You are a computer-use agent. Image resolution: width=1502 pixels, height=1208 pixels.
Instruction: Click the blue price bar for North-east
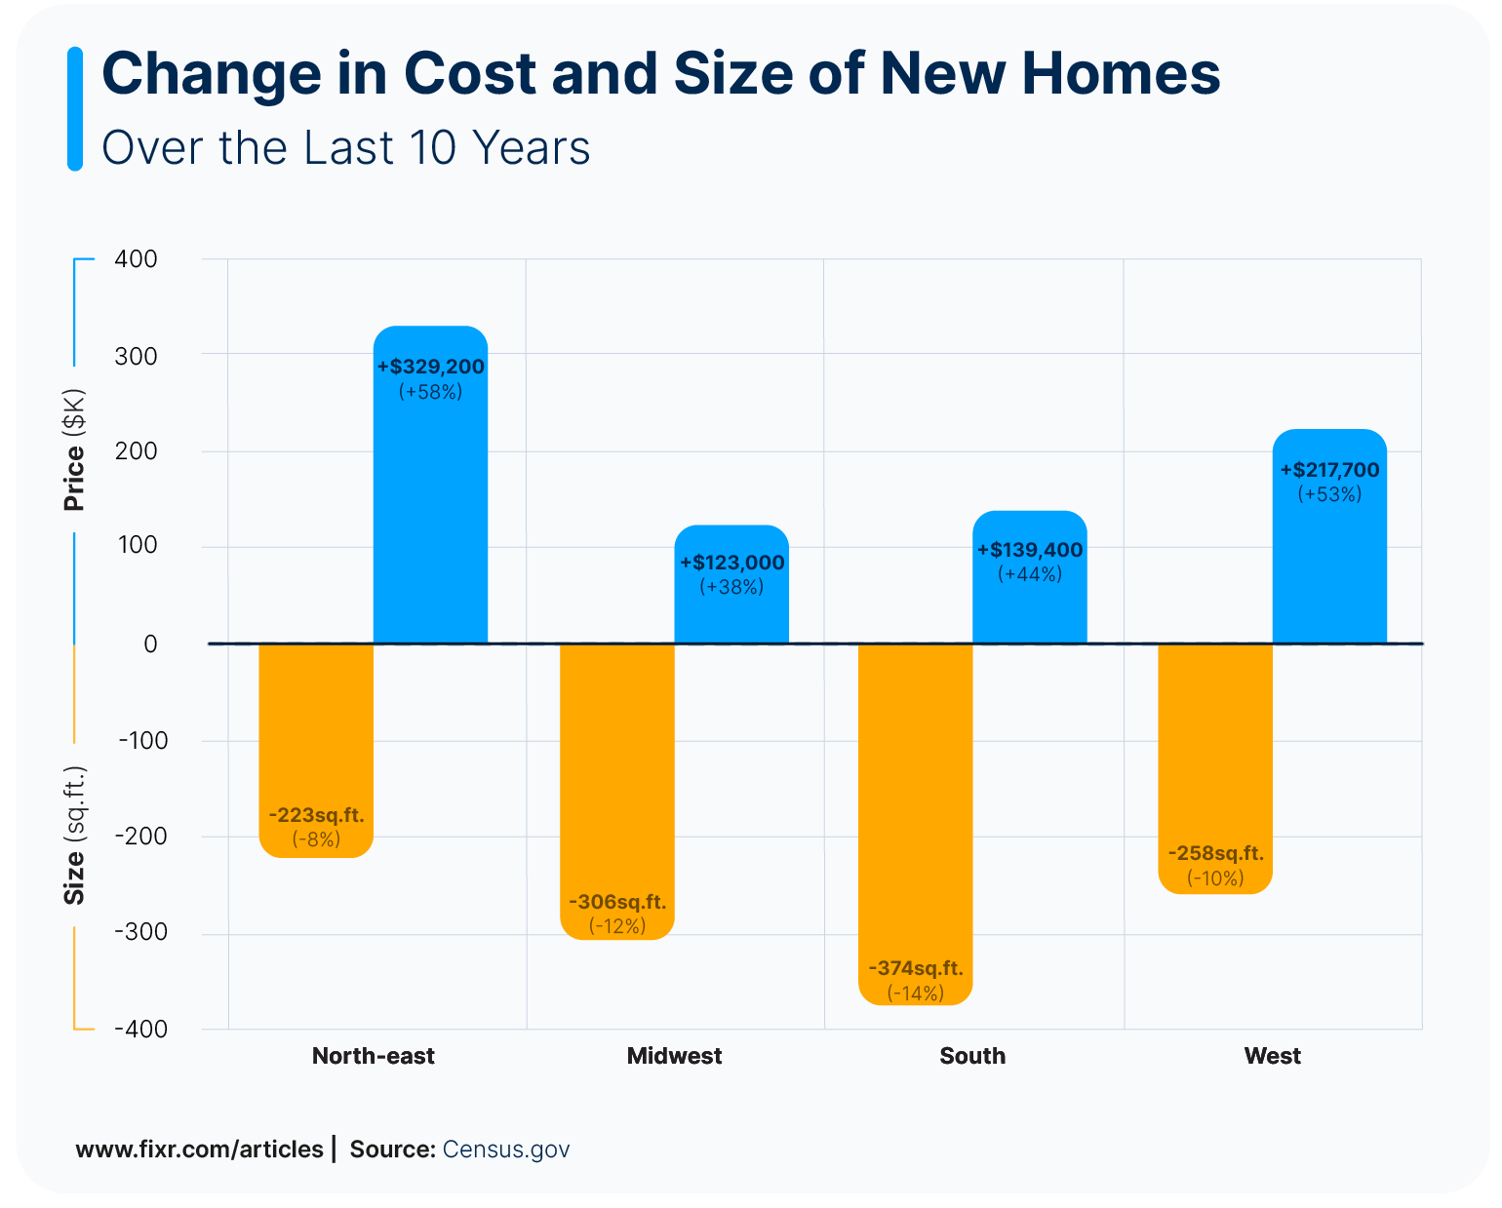(430, 507)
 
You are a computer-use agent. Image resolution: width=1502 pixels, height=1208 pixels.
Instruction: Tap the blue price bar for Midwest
(731, 614)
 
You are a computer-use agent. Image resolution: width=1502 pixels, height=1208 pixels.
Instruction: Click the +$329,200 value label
(430, 368)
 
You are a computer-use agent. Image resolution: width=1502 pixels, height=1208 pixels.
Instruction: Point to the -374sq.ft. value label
(915, 969)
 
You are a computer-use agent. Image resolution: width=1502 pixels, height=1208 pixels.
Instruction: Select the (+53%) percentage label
(1329, 494)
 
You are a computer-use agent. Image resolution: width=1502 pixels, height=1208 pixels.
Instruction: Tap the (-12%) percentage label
(617, 926)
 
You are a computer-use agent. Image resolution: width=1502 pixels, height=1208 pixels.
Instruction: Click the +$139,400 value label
(1030, 550)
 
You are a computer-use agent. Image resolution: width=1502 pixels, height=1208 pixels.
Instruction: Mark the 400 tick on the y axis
(136, 259)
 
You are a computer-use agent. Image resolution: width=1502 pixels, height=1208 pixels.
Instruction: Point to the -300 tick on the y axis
(141, 932)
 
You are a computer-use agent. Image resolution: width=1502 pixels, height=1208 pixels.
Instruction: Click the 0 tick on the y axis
(150, 644)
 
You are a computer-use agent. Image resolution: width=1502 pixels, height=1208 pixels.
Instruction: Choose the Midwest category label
(674, 1056)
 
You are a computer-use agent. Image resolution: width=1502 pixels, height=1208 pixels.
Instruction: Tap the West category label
(1272, 1056)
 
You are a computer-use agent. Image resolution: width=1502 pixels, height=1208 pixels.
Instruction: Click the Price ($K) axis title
(74, 450)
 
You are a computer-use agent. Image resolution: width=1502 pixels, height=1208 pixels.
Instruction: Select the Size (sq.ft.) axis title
(74, 836)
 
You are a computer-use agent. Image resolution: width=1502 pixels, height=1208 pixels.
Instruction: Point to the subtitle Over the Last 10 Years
(346, 148)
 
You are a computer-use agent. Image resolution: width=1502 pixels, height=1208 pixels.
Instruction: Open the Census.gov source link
(505, 1150)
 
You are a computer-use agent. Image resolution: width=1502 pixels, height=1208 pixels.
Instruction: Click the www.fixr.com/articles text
(199, 1150)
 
